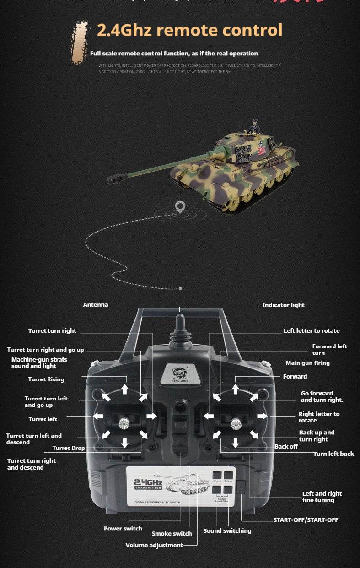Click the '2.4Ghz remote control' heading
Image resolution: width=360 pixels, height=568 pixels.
tap(189, 31)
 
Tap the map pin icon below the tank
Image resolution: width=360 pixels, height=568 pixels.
tap(180, 207)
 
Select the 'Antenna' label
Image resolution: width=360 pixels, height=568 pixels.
tap(96, 305)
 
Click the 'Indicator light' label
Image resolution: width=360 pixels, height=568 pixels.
tap(283, 305)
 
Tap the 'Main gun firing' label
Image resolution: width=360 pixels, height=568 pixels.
tap(307, 363)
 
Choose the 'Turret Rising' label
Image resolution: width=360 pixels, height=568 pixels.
tap(46, 379)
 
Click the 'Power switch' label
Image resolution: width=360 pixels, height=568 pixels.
tap(123, 529)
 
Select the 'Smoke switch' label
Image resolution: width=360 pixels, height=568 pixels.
tap(172, 534)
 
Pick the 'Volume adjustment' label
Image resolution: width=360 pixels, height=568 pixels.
tap(154, 546)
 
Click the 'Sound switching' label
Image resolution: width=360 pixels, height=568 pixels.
tap(227, 531)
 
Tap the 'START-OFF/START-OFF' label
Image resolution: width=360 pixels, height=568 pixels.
tap(306, 520)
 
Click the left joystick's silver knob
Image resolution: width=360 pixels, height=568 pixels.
tap(123, 424)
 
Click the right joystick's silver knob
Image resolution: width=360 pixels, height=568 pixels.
tap(236, 423)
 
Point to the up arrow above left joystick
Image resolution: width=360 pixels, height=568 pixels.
tap(125, 389)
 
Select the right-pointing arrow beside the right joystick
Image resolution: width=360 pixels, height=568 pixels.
tap(262, 416)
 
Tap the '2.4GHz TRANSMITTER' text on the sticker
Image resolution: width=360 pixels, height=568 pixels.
tap(148, 485)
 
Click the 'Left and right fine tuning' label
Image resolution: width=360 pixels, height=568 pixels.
tap(322, 497)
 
